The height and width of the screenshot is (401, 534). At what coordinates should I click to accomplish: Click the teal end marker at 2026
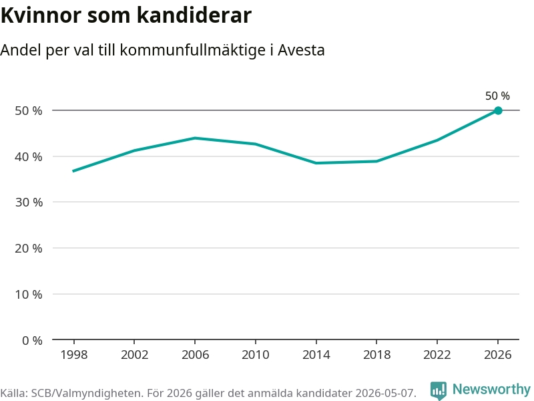pyautogui.click(x=498, y=110)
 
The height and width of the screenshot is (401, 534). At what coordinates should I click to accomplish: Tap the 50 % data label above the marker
pyautogui.click(x=497, y=96)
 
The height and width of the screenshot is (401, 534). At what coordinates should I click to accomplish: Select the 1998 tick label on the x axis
pyautogui.click(x=74, y=355)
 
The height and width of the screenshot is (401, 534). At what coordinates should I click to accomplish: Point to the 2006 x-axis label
pyautogui.click(x=195, y=355)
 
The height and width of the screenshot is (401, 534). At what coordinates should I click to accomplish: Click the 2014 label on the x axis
pyautogui.click(x=316, y=355)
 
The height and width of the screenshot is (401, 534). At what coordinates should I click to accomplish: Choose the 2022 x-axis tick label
pyautogui.click(x=437, y=355)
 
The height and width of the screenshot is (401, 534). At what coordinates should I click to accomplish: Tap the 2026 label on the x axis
pyautogui.click(x=497, y=355)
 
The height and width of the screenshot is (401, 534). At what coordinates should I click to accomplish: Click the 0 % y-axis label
pyautogui.click(x=32, y=340)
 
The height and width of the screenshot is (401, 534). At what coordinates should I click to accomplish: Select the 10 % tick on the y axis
pyautogui.click(x=29, y=294)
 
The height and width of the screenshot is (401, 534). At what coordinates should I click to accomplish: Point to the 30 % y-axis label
pyautogui.click(x=29, y=203)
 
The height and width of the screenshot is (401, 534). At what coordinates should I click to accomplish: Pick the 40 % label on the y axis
pyautogui.click(x=29, y=157)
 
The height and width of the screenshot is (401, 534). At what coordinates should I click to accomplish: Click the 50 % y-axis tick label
pyautogui.click(x=29, y=111)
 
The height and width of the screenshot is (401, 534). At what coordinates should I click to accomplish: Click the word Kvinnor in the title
pyautogui.click(x=41, y=15)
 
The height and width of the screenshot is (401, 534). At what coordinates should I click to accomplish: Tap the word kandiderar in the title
pyautogui.click(x=194, y=15)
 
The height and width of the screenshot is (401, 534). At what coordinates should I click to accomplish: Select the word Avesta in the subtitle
pyautogui.click(x=301, y=50)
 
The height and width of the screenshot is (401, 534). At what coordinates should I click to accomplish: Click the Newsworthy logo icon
pyautogui.click(x=439, y=390)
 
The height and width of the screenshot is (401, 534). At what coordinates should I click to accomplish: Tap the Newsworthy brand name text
pyautogui.click(x=491, y=390)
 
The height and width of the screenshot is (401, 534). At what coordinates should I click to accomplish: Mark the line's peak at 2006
pyautogui.click(x=195, y=138)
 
